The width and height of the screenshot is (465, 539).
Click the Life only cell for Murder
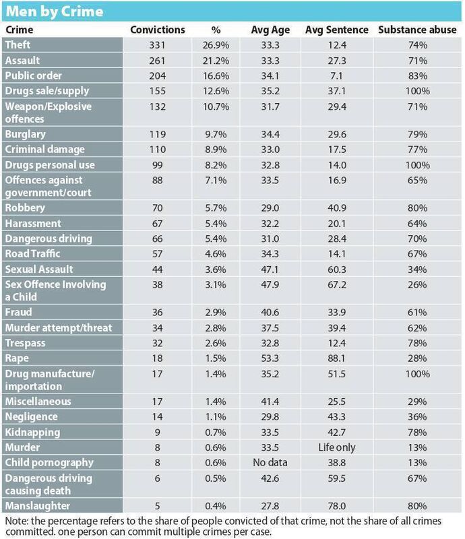tap(336, 447)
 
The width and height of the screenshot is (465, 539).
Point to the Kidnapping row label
tap(30, 432)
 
